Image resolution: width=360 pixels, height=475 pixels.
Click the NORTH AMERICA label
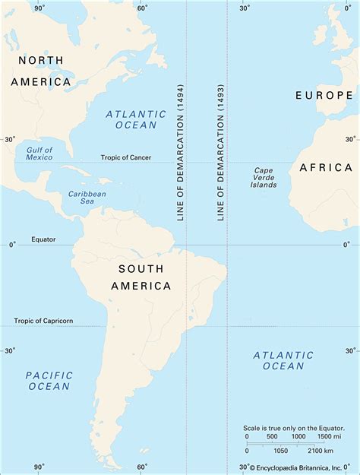pyautogui.click(x=41, y=70)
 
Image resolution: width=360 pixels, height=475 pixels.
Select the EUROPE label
pyautogui.click(x=324, y=95)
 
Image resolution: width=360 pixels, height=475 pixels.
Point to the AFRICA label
pyautogui.click(x=325, y=167)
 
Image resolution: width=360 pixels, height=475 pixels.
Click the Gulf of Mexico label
pyautogui.click(x=39, y=153)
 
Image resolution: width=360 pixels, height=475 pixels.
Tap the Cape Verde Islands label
pyautogui.click(x=264, y=178)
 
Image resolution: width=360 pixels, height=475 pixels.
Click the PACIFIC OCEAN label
pyautogui.click(x=49, y=381)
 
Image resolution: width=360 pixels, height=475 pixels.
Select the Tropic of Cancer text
pyautogui.click(x=126, y=158)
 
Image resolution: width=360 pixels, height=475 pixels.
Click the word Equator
pyautogui.click(x=43, y=239)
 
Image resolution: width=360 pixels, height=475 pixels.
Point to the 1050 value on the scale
pyautogui.click(x=279, y=451)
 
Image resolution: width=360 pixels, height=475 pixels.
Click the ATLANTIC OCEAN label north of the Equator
pyautogui.click(x=137, y=119)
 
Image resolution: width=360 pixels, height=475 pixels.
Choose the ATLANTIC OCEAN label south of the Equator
pyautogui.click(x=283, y=360)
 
